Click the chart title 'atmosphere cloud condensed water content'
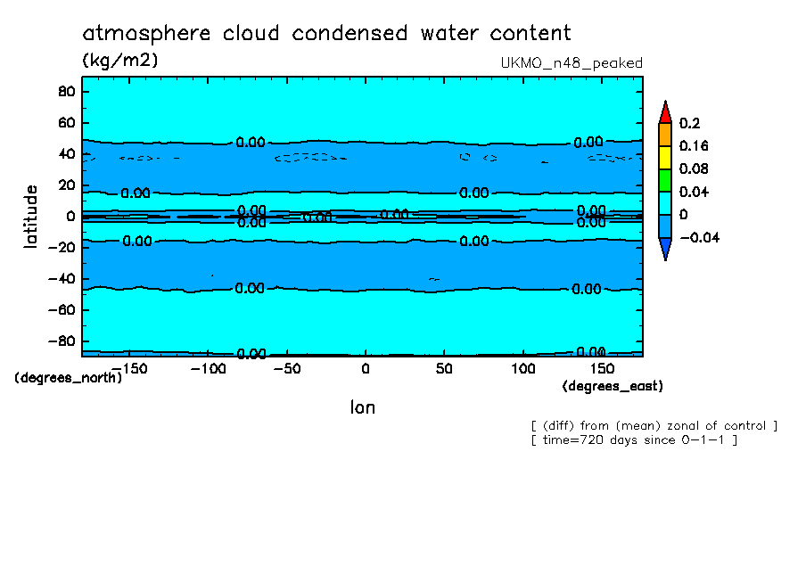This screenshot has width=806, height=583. click(326, 34)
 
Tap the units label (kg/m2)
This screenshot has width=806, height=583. click(119, 61)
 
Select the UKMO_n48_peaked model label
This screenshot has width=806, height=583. click(572, 63)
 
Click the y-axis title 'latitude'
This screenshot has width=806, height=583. click(31, 216)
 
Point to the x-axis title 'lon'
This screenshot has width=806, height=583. click(362, 407)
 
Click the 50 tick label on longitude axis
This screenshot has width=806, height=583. click(444, 368)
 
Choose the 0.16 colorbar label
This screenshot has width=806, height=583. click(693, 146)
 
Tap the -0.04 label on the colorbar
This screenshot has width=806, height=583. click(699, 237)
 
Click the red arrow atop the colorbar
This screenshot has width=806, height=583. click(664, 111)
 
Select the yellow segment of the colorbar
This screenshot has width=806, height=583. click(664, 157)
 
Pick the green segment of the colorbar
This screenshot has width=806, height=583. click(664, 180)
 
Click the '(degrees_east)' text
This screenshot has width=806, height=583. click(613, 386)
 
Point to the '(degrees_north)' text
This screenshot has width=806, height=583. click(69, 377)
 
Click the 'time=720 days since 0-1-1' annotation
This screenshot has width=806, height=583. click(633, 440)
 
